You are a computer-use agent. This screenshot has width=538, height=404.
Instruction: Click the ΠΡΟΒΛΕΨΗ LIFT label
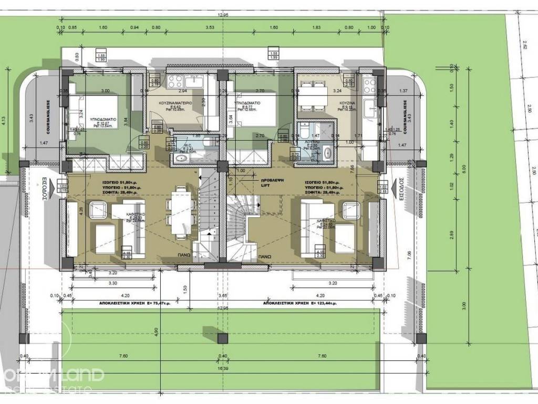273,183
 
